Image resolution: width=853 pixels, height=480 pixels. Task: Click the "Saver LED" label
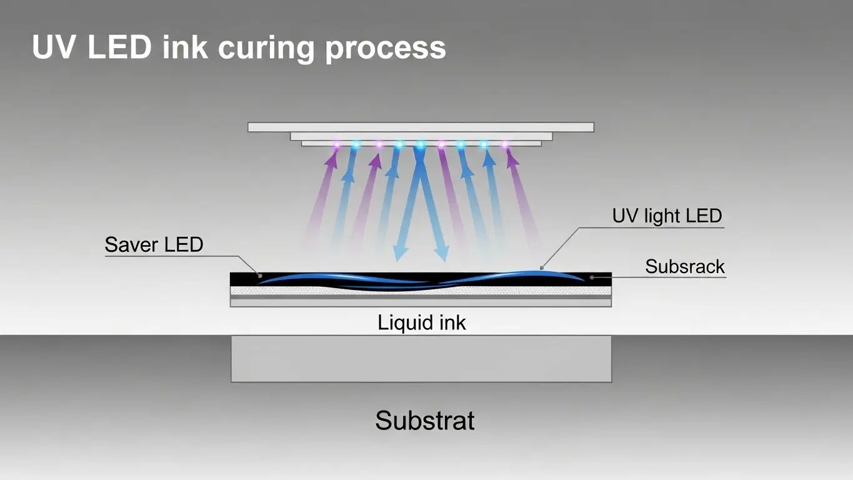[154, 244]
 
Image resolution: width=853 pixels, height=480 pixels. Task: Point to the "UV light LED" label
[667, 216]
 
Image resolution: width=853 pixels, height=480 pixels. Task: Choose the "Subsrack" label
[685, 267]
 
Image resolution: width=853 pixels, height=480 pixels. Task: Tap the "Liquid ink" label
[422, 322]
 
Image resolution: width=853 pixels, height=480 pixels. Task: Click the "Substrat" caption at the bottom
[424, 420]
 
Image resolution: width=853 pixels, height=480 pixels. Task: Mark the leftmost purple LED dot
[337, 146]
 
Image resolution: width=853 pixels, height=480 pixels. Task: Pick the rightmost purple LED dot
[504, 145]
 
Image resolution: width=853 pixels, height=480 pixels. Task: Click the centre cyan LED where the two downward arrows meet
[420, 146]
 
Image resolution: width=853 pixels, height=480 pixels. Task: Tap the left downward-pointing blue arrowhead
[400, 252]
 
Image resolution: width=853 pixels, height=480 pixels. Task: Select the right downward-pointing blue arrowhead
[441, 252]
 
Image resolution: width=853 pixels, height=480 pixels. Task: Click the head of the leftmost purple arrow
[332, 159]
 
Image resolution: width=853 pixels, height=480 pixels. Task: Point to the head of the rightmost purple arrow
[512, 159]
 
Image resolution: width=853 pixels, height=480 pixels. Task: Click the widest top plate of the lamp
[421, 127]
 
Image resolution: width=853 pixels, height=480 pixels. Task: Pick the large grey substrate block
[421, 358]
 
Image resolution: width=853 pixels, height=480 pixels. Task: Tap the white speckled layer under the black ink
[421, 291]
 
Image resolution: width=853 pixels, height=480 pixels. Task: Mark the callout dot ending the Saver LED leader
[259, 275]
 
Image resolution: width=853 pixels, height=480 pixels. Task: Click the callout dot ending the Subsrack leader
[591, 276]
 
